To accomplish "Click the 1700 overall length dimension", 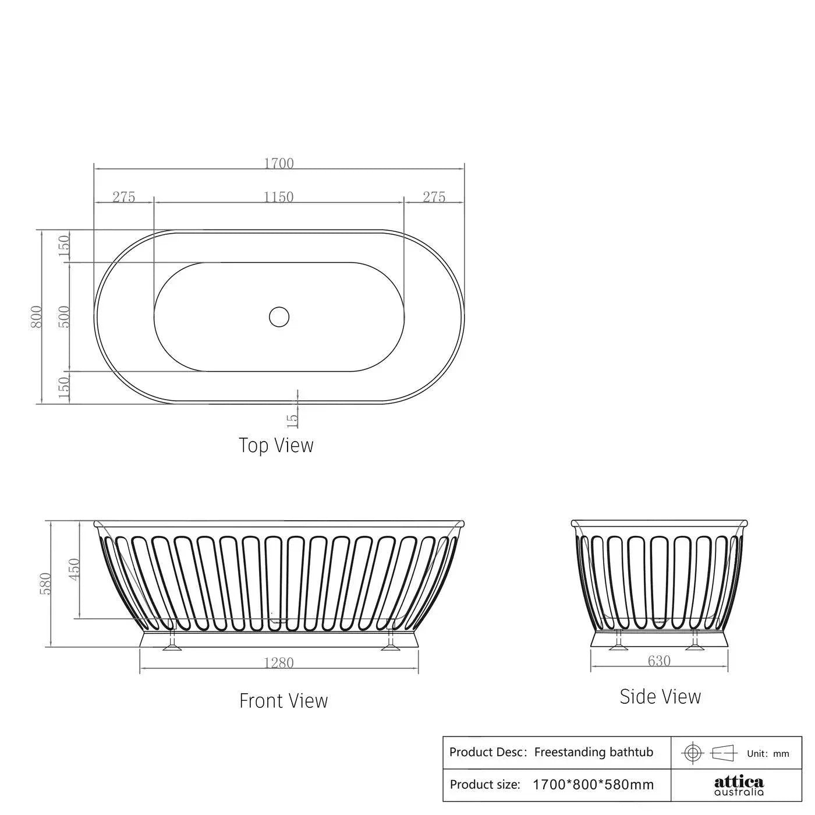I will pyautogui.click(x=279, y=163).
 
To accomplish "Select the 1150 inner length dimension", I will pyautogui.click(x=279, y=197).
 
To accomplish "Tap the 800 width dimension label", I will pyautogui.click(x=37, y=316).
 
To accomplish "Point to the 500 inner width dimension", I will pyautogui.click(x=65, y=316).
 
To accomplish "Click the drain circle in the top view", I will pyautogui.click(x=279, y=316).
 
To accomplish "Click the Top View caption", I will pyautogui.click(x=276, y=445).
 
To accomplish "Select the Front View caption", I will pyautogui.click(x=284, y=700).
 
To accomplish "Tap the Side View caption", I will pyautogui.click(x=660, y=696).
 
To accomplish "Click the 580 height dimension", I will pyautogui.click(x=46, y=584).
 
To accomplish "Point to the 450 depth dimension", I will pyautogui.click(x=75, y=570).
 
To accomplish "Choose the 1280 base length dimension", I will pyautogui.click(x=279, y=663).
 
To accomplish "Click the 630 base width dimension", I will pyautogui.click(x=659, y=661).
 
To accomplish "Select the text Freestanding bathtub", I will pyautogui.click(x=593, y=752).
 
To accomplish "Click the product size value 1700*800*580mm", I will pyautogui.click(x=593, y=785).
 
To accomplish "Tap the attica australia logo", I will pyautogui.click(x=739, y=785).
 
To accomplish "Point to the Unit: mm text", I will pyautogui.click(x=768, y=753).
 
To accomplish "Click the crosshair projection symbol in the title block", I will pyautogui.click(x=692, y=753).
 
